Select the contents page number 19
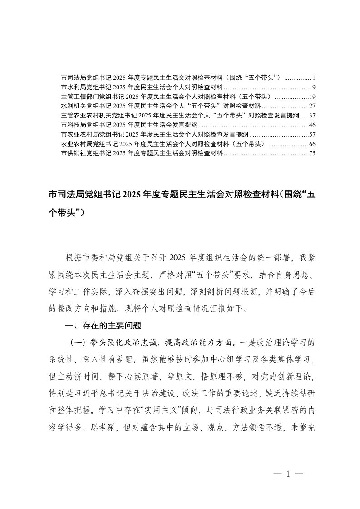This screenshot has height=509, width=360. [x=312, y=96]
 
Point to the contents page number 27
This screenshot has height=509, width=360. [x=312, y=106]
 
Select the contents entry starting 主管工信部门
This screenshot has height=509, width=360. [x=166, y=96]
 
